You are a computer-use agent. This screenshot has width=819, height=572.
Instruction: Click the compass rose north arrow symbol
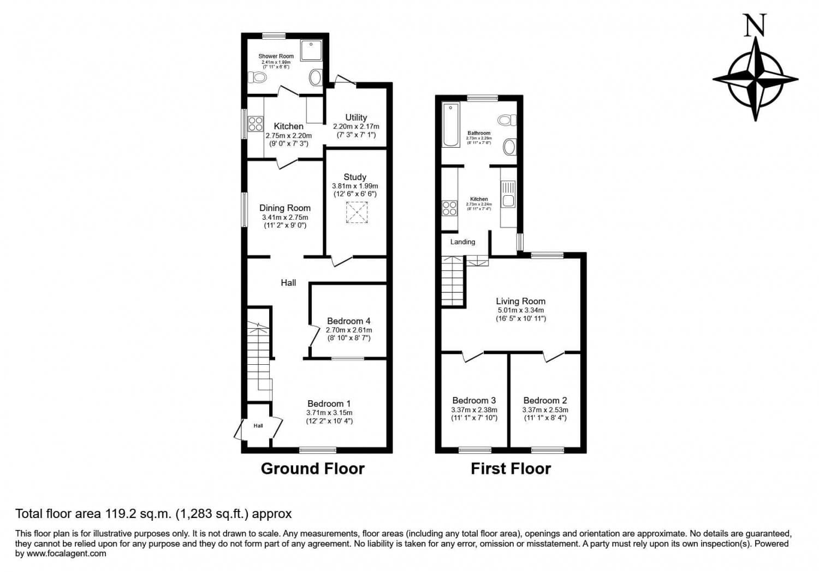[x=755, y=79]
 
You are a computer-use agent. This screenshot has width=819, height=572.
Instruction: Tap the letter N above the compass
[x=755, y=26]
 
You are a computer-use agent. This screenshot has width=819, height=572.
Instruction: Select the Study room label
[x=355, y=177]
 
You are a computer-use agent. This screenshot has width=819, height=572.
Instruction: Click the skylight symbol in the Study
[x=357, y=213]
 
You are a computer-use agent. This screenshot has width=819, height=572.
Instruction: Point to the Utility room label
[x=356, y=117]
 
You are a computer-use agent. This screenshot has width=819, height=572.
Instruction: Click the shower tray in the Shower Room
[x=311, y=50]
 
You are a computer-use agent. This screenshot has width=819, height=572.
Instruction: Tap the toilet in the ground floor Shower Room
[x=257, y=77]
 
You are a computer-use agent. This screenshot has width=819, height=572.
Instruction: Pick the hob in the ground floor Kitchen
[x=255, y=124]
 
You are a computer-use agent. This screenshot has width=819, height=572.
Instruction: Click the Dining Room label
[x=284, y=208]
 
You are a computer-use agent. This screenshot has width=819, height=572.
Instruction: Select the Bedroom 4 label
[x=348, y=321]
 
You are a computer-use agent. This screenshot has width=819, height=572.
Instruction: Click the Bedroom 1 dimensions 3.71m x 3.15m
[x=329, y=413]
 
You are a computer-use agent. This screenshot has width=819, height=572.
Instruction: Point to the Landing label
[x=462, y=242]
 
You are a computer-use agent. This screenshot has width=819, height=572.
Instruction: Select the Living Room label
[x=520, y=301]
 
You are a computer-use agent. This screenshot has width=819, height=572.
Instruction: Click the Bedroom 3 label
[x=474, y=400]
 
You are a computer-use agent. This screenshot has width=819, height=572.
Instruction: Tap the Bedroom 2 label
[x=545, y=400]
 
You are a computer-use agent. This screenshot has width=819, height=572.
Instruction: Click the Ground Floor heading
[x=312, y=468]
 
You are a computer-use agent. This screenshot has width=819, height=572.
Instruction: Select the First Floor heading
[x=511, y=468]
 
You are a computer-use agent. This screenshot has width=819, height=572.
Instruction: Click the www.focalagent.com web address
[x=66, y=553]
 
